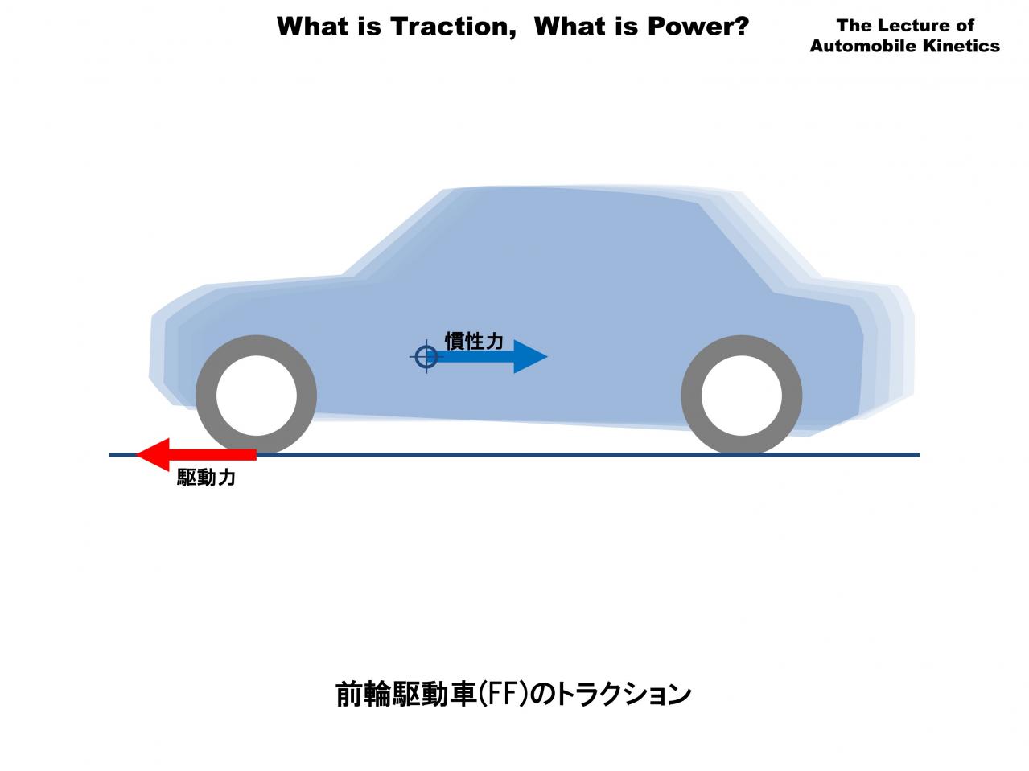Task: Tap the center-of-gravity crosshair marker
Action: pyautogui.click(x=426, y=356)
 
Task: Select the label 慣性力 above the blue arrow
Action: pyautogui.click(x=474, y=341)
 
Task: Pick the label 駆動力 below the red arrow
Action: pyautogui.click(x=206, y=478)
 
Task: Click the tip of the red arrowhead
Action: pyautogui.click(x=136, y=454)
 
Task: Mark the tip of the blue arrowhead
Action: pyautogui.click(x=547, y=357)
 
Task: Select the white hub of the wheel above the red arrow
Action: pyautogui.click(x=257, y=396)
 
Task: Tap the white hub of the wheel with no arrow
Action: pyautogui.click(x=741, y=396)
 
